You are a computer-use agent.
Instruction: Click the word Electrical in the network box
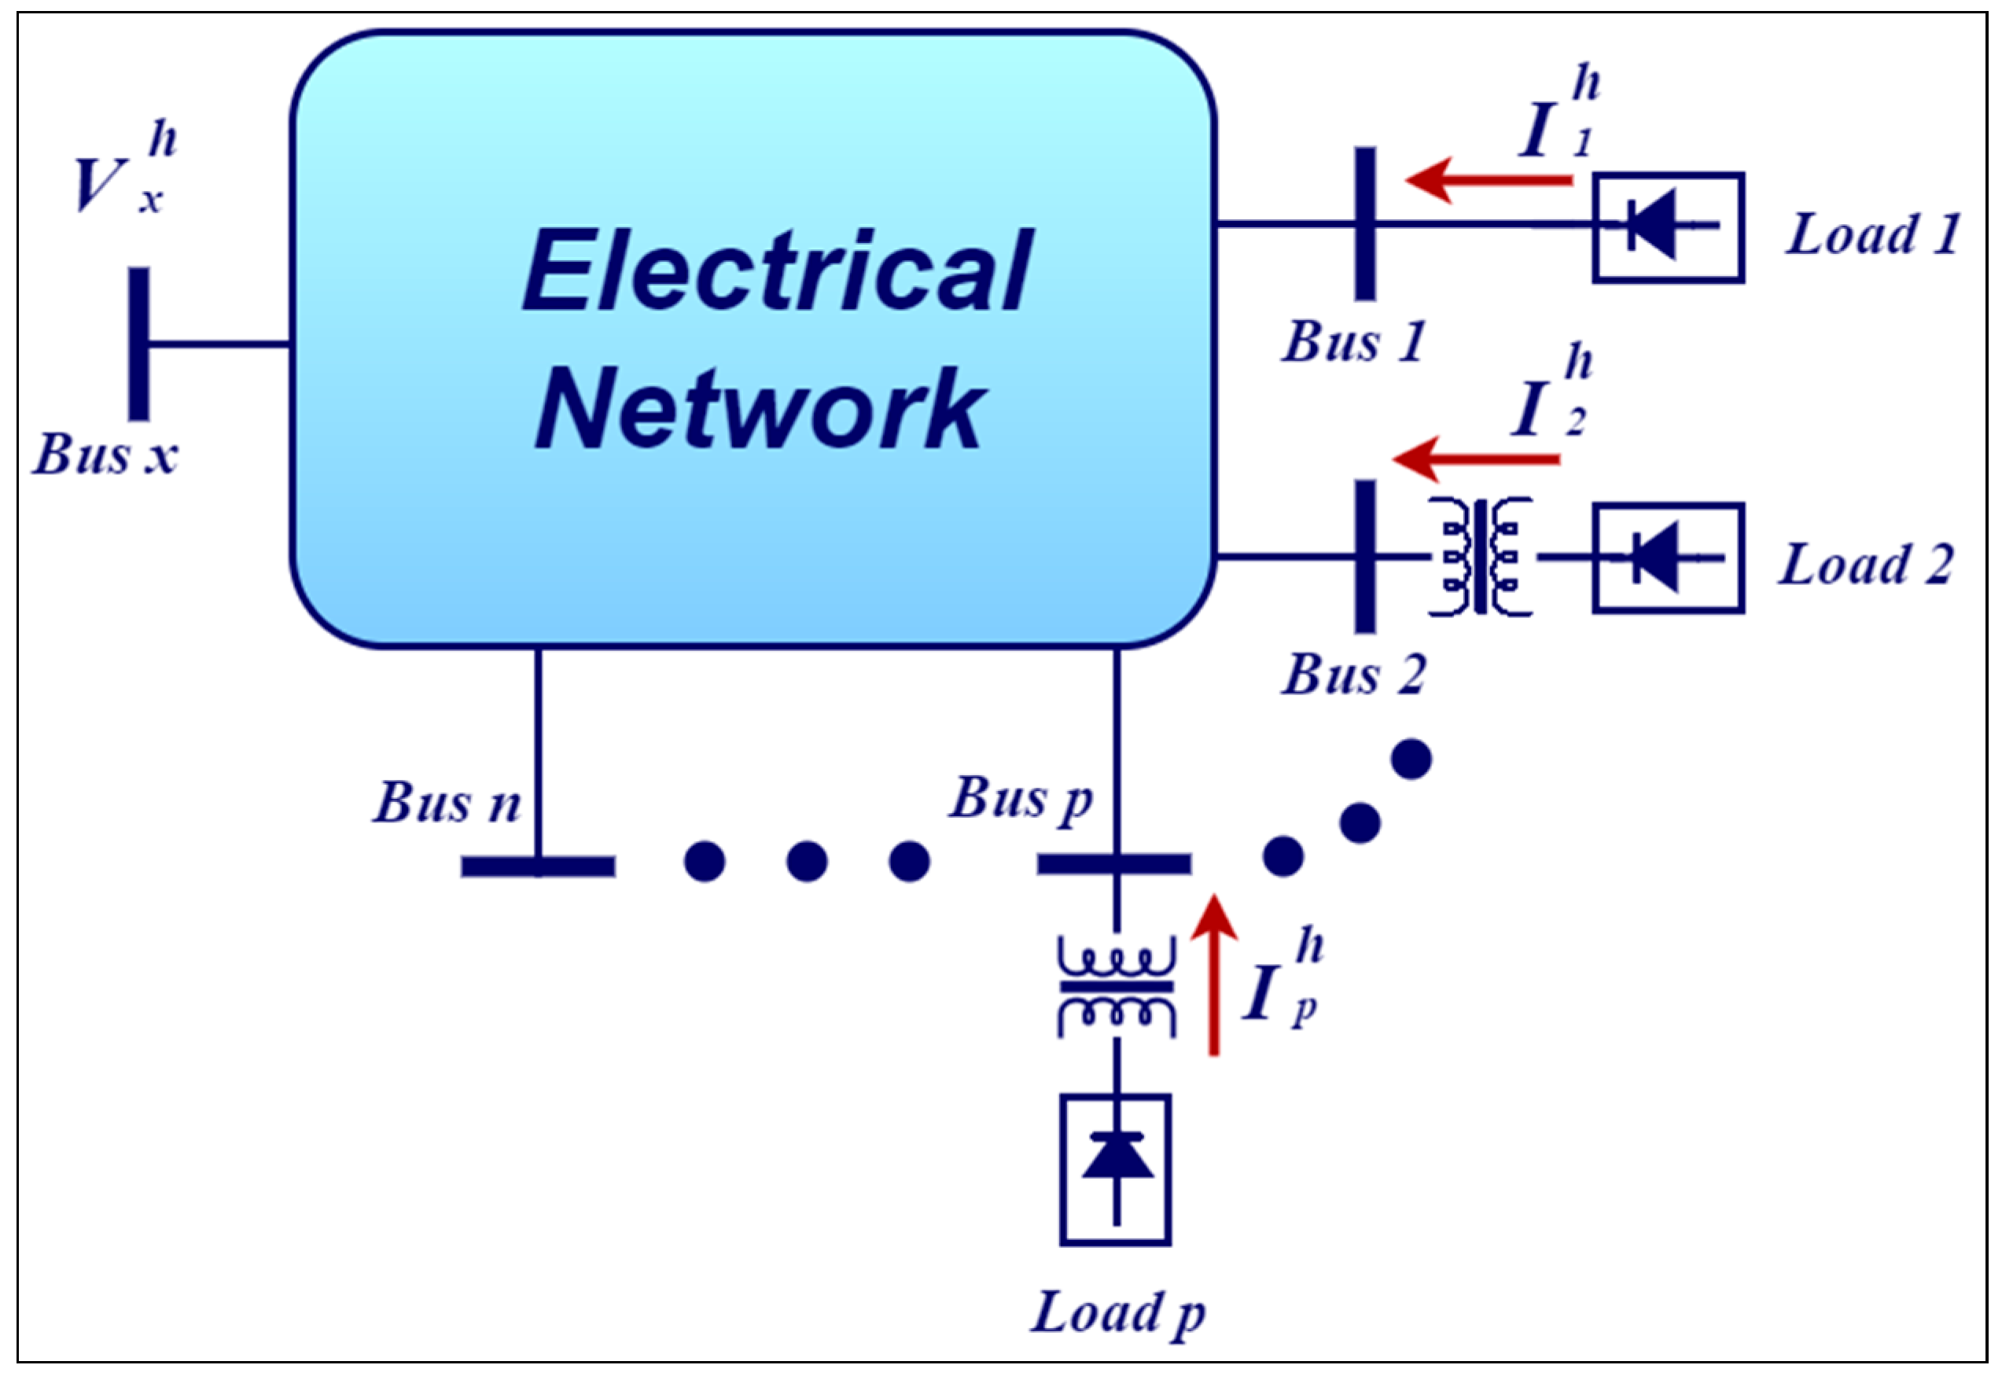coord(778,270)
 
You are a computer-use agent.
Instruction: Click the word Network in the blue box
coord(760,409)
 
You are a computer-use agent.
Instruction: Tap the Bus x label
coord(105,454)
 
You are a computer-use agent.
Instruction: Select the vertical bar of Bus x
coord(139,343)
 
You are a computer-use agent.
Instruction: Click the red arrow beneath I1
coord(1487,180)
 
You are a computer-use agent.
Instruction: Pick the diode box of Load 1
coord(1668,227)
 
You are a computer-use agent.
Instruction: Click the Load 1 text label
coord(1871,234)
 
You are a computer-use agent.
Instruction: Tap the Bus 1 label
coord(1352,341)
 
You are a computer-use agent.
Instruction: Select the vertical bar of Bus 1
coord(1365,224)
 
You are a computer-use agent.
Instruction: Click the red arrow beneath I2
coord(1476,459)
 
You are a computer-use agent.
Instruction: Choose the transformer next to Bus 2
coord(1480,557)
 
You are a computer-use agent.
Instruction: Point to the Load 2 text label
coord(1865,565)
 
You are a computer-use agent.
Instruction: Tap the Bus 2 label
coord(1352,673)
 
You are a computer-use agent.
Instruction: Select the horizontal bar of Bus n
coord(538,866)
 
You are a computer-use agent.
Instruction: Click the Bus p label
coord(1021,799)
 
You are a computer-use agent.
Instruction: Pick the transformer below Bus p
coord(1117,987)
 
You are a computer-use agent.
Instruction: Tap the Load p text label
coord(1117,1313)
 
